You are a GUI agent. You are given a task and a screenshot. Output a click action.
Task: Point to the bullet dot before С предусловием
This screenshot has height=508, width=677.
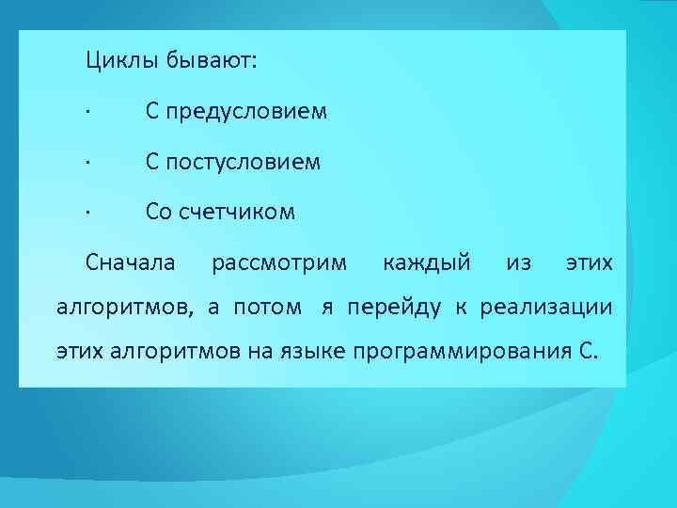click(87, 113)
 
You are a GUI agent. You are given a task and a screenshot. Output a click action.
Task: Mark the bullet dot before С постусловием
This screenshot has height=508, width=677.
click(87, 164)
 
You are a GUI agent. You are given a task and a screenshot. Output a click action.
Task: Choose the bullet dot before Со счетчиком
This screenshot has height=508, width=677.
click(87, 214)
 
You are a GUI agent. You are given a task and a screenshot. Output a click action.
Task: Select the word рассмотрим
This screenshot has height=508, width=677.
click(279, 261)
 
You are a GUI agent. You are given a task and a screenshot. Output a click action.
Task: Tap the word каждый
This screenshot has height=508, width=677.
click(428, 261)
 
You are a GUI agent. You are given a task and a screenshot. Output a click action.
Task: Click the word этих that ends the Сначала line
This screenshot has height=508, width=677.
click(589, 261)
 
